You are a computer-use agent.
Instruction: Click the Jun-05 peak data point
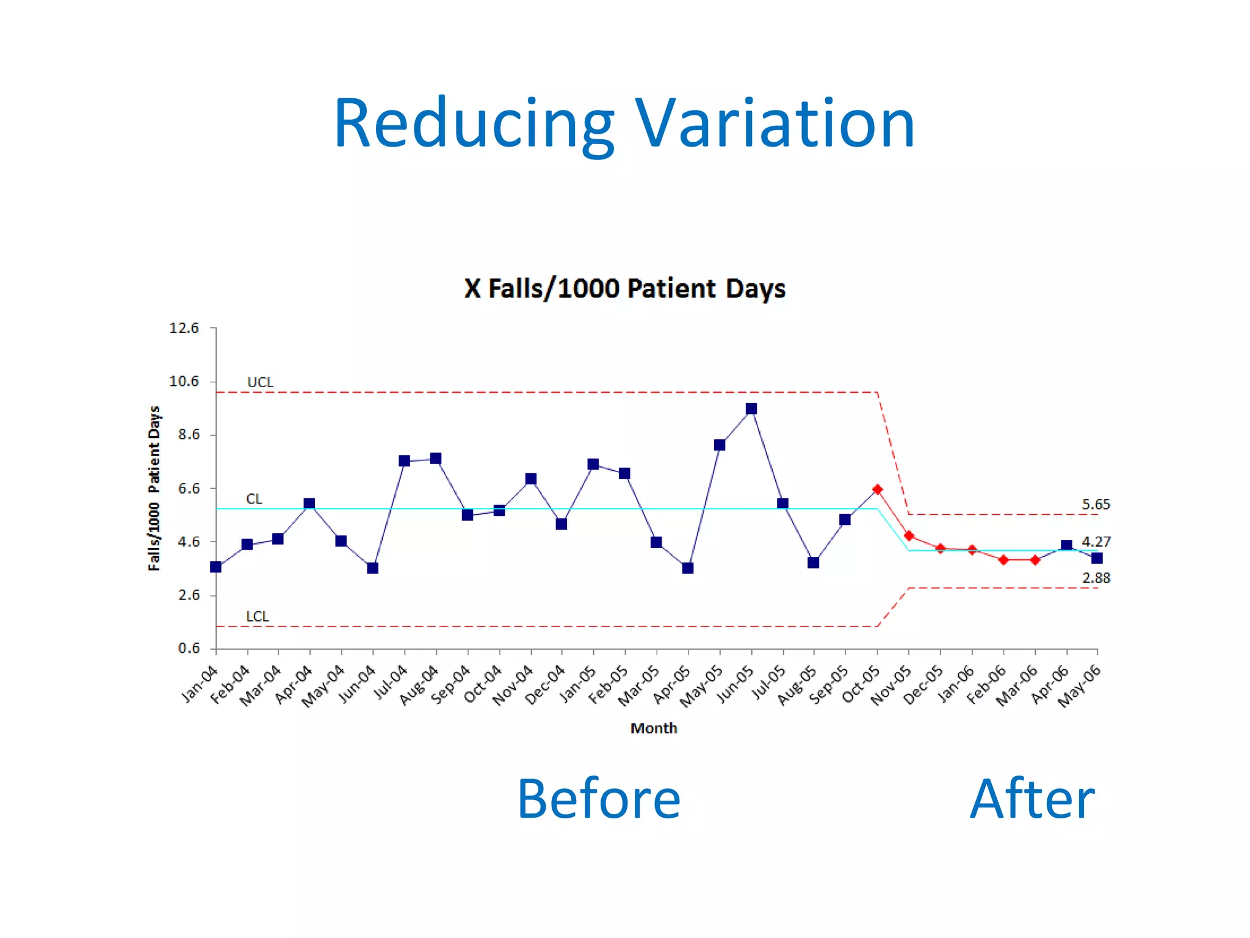point(751,409)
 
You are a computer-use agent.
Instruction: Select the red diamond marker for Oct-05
point(877,489)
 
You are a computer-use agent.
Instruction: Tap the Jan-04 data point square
point(215,567)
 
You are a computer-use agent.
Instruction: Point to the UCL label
point(260,382)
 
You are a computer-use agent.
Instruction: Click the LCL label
point(257,616)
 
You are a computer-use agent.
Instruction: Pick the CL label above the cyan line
point(254,499)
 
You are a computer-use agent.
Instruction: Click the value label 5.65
point(1096,504)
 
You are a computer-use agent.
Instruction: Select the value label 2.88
point(1096,578)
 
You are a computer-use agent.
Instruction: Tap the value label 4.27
point(1096,542)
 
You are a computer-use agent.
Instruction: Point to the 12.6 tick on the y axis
point(184,328)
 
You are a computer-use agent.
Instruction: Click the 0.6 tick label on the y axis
point(189,648)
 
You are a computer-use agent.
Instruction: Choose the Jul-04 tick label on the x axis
point(391,682)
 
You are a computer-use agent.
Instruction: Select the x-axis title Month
point(654,728)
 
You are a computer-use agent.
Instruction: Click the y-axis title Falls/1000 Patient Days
point(154,488)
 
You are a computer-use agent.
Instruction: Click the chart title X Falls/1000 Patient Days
point(624,288)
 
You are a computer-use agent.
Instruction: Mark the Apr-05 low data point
point(688,568)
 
